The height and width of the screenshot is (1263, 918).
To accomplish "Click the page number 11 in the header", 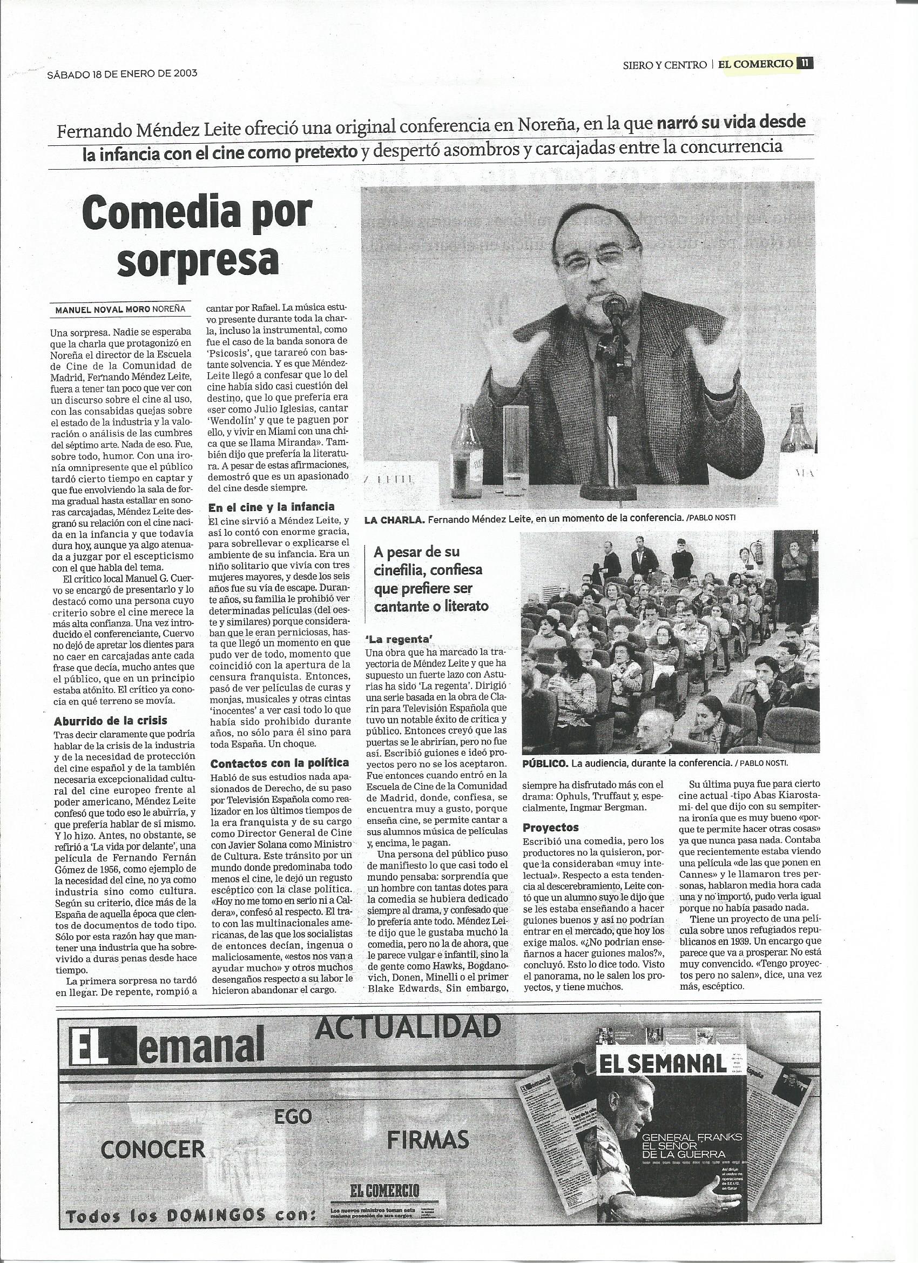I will coord(805,64).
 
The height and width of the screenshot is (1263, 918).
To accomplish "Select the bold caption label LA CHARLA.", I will coord(394,520).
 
